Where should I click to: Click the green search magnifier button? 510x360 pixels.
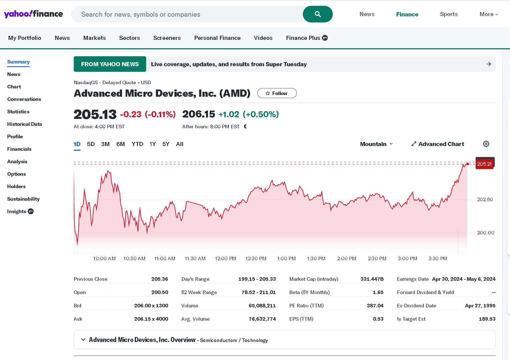click(318, 14)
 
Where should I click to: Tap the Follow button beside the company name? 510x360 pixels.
click(277, 93)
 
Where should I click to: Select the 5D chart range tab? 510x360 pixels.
click(91, 144)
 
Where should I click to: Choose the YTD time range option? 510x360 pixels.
click(137, 144)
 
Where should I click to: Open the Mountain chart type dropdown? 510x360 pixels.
click(376, 144)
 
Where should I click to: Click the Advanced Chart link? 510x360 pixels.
click(438, 144)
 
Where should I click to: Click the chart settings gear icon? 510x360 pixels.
click(486, 144)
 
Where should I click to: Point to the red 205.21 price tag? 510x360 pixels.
click(484, 164)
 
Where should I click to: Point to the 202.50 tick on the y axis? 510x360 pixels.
click(485, 200)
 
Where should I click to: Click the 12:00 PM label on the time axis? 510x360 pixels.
click(225, 259)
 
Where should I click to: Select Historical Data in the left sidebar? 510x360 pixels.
click(25, 124)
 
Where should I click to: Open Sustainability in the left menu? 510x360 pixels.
click(23, 199)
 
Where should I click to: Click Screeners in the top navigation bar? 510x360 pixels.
click(167, 38)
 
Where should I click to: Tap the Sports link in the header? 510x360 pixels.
click(449, 14)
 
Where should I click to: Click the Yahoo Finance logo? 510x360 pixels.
click(34, 14)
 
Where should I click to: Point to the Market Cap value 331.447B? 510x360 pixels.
click(372, 279)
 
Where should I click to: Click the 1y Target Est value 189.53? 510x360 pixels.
click(487, 319)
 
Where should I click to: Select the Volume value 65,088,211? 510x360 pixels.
click(262, 306)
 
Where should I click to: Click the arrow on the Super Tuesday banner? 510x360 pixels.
click(489, 64)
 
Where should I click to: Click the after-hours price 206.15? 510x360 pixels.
click(199, 114)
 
